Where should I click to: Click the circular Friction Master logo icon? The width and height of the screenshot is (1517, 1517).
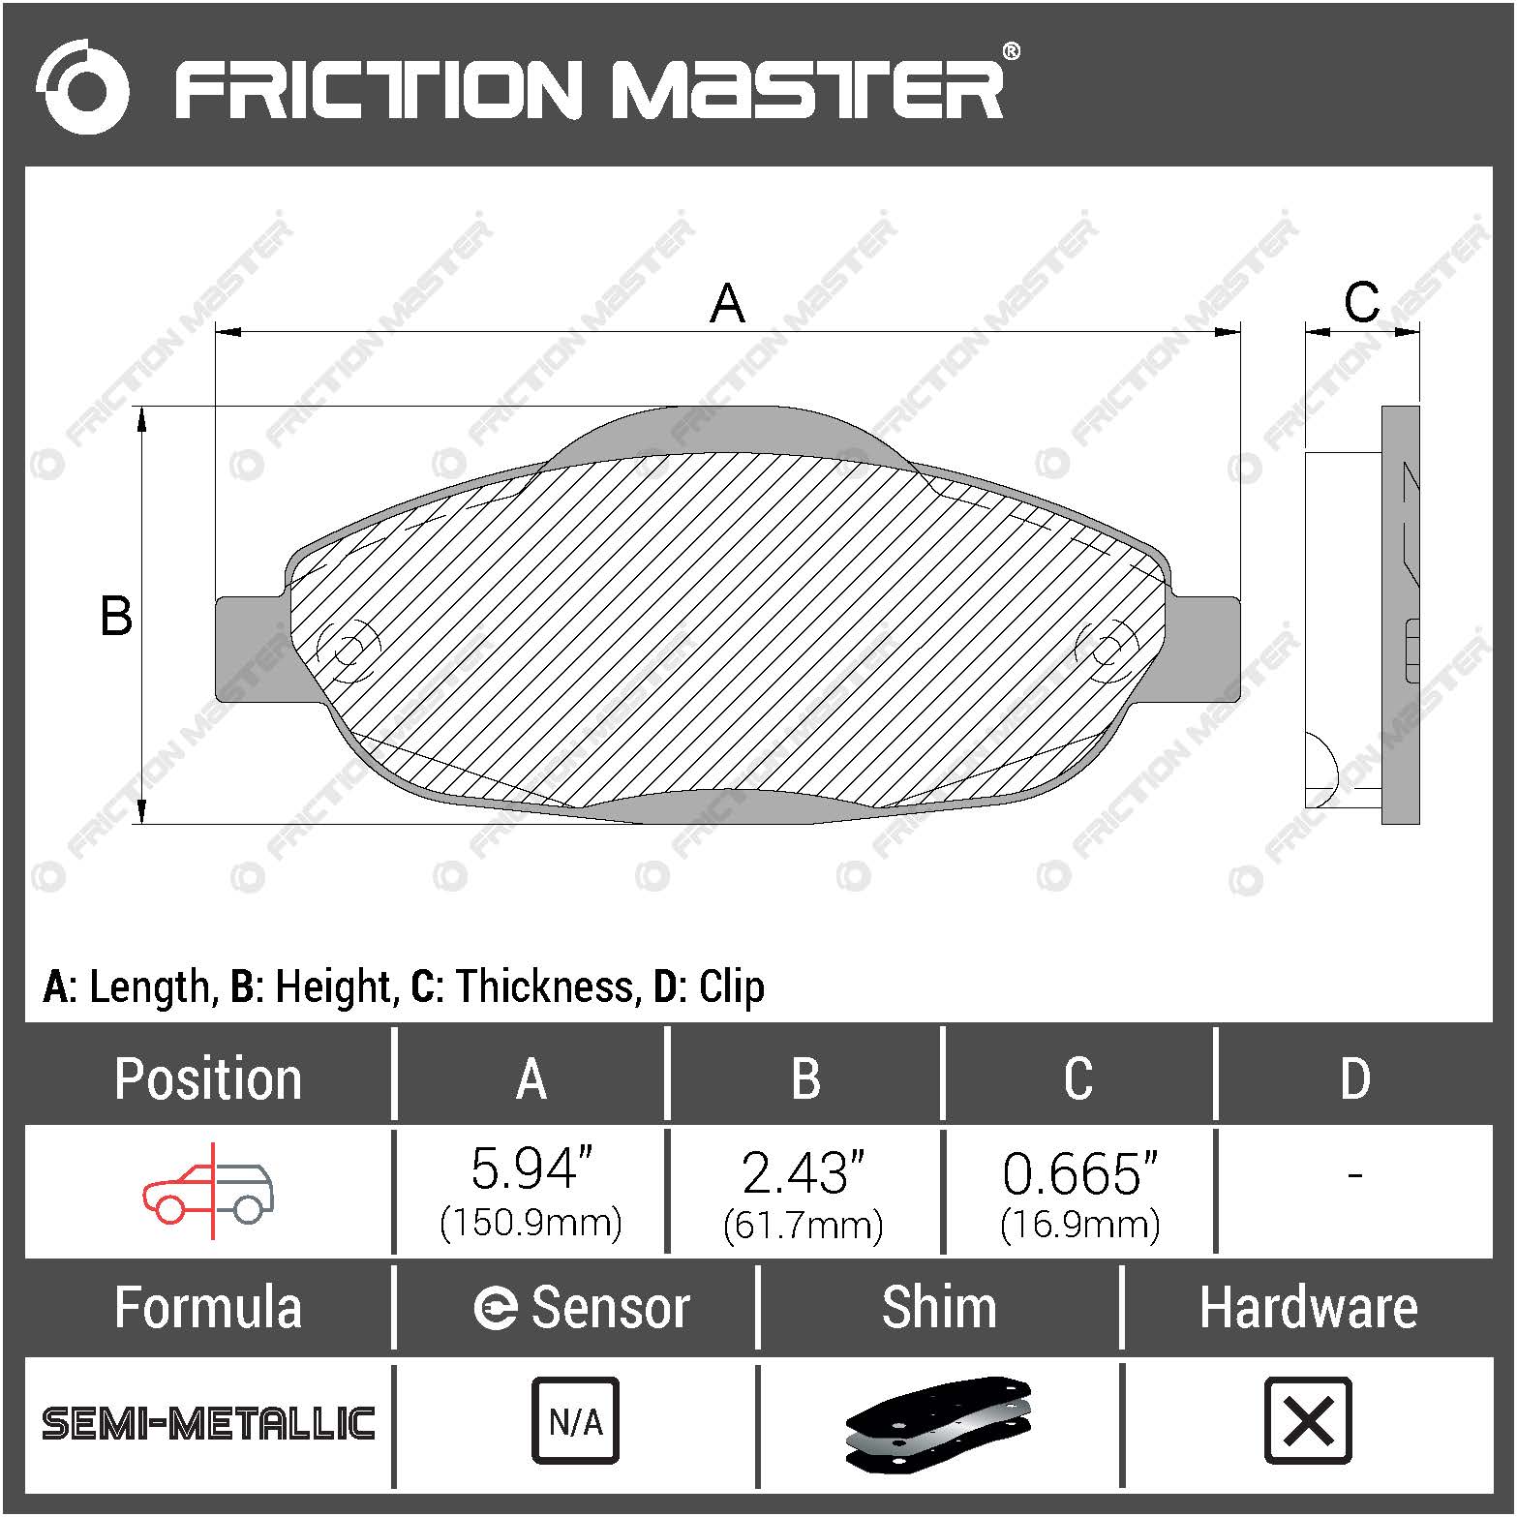[x=81, y=87]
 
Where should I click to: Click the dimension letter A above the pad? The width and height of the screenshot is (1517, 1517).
[x=727, y=303]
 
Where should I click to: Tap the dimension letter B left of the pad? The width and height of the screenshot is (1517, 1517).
[x=116, y=616]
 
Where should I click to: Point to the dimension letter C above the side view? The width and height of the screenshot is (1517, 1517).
[x=1361, y=302]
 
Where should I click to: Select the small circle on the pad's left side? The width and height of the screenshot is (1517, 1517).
[x=349, y=645]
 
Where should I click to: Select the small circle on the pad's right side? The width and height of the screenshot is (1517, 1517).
[x=1106, y=646]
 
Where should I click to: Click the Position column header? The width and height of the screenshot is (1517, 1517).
[x=207, y=1078]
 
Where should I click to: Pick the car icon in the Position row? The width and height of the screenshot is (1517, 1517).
[x=209, y=1191]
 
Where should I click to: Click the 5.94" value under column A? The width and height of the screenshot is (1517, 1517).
[x=531, y=1169]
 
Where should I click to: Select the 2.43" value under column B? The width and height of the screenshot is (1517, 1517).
[x=803, y=1172]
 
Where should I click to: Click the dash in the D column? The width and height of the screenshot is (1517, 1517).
[x=1354, y=1175]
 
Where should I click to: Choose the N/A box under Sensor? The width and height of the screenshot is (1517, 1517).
[x=575, y=1420]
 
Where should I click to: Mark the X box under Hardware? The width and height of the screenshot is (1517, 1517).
[x=1308, y=1420]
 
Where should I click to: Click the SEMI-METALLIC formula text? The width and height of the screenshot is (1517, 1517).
[x=208, y=1423]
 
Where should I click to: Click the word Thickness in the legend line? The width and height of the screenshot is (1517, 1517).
[x=544, y=986]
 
